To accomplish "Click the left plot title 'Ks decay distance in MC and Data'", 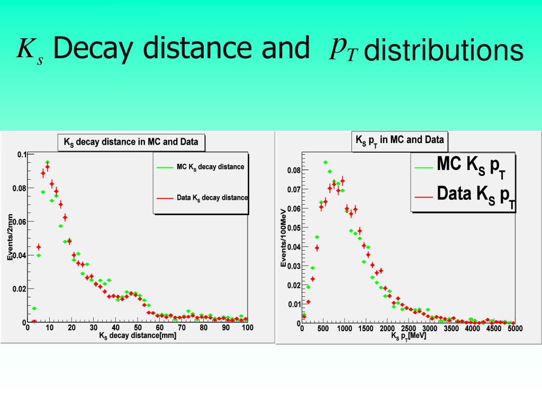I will click(131, 142).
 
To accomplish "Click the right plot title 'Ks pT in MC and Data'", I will click(400, 140).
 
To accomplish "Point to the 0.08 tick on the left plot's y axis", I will click(19, 188).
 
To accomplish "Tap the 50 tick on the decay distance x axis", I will click(138, 328).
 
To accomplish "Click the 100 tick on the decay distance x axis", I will click(247, 328).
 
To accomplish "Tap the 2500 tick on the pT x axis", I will click(408, 329).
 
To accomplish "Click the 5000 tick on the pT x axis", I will click(515, 329).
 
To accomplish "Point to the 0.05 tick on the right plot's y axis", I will click(294, 228).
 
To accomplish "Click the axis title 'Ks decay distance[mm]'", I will click(138, 335).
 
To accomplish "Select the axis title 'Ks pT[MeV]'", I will click(408, 336).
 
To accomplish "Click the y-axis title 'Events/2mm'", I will click(10, 237).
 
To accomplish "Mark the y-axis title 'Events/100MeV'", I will click(283, 237).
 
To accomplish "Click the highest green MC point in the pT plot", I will click(325, 162).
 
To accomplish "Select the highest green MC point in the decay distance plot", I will click(47, 162).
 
